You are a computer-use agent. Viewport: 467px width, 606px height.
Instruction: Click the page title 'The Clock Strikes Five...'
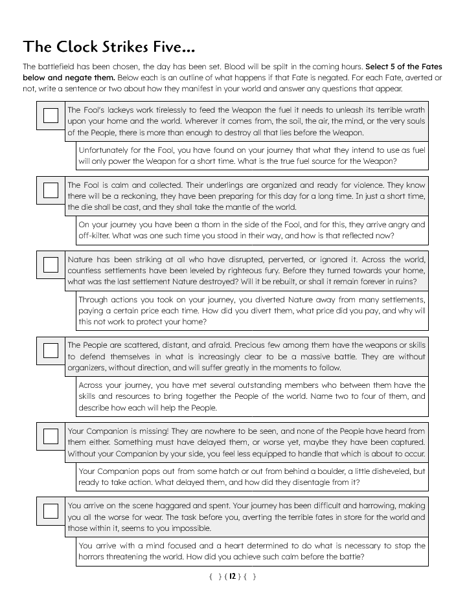(x=108, y=47)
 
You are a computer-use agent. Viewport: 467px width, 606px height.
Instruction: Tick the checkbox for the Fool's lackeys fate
(x=51, y=115)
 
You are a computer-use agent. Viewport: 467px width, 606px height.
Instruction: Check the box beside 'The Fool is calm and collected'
(x=51, y=190)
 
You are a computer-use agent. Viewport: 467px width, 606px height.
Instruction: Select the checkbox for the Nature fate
(x=51, y=265)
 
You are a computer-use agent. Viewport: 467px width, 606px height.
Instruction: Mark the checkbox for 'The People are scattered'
(x=51, y=350)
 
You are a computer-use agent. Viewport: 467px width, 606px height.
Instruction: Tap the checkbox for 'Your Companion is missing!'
(x=51, y=436)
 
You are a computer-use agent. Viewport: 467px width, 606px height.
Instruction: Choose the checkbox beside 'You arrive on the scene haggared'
(x=51, y=511)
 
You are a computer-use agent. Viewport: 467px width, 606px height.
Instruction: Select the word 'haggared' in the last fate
(x=170, y=506)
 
